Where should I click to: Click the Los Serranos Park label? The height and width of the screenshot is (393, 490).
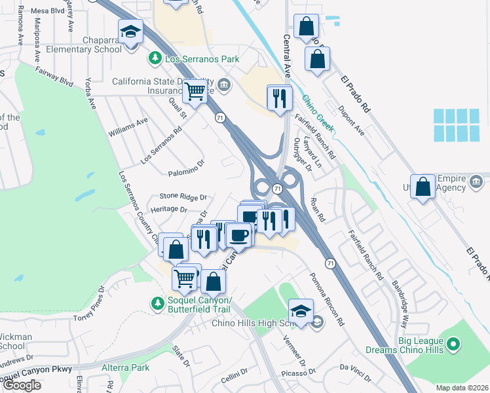click(x=202, y=59)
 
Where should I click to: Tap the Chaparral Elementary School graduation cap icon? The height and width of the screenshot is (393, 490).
click(x=131, y=31)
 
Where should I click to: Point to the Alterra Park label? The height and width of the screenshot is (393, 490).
click(x=126, y=367)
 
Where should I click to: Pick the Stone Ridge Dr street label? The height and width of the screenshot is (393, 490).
click(x=183, y=196)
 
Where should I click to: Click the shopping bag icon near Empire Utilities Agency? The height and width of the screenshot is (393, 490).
click(x=423, y=186)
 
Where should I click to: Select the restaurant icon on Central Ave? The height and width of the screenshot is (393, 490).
click(x=280, y=98)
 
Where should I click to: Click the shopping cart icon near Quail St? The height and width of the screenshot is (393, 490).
click(x=195, y=92)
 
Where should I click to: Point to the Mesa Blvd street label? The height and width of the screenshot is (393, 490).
click(x=45, y=11)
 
